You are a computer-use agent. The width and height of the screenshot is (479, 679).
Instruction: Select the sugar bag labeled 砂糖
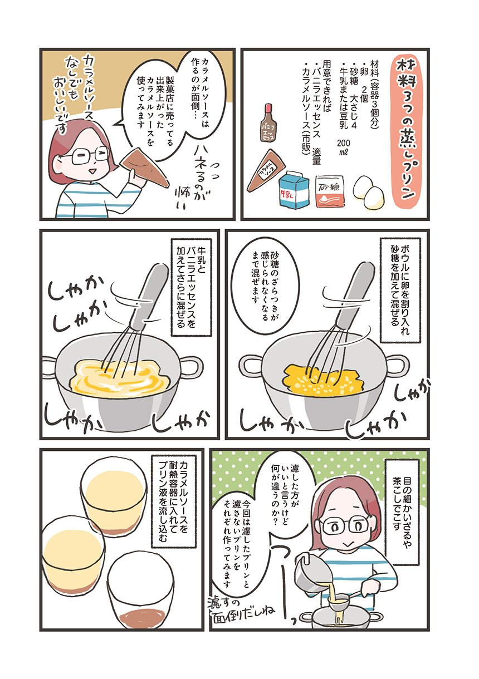pos(330,191)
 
